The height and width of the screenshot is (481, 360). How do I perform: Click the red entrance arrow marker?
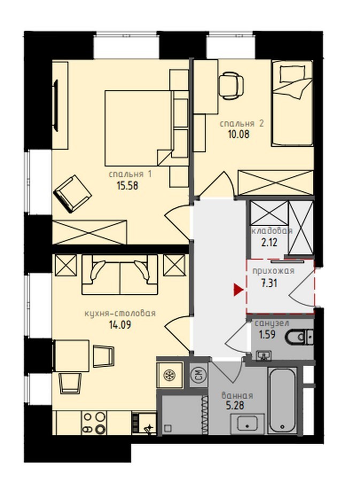pyautogui.click(x=238, y=290)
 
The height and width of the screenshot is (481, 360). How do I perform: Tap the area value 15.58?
pyautogui.click(x=127, y=185)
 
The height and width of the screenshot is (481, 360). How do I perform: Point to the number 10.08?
pyautogui.click(x=239, y=134)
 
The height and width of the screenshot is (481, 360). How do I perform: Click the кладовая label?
pyautogui.click(x=272, y=231)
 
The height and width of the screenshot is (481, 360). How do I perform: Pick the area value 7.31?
pyautogui.click(x=269, y=283)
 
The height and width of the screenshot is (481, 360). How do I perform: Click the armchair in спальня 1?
pyautogui.click(x=73, y=193)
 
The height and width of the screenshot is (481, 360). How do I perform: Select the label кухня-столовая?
pyautogui.click(x=120, y=313)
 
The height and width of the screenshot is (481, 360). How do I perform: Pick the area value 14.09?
pyautogui.click(x=120, y=324)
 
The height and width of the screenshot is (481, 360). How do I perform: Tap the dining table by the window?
pyautogui.click(x=71, y=356)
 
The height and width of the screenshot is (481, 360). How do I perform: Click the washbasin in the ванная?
pyautogui.click(x=247, y=423)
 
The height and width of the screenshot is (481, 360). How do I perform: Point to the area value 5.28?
pyautogui.click(x=235, y=406)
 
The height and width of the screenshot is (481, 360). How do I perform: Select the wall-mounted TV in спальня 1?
pyautogui.click(x=56, y=105)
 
